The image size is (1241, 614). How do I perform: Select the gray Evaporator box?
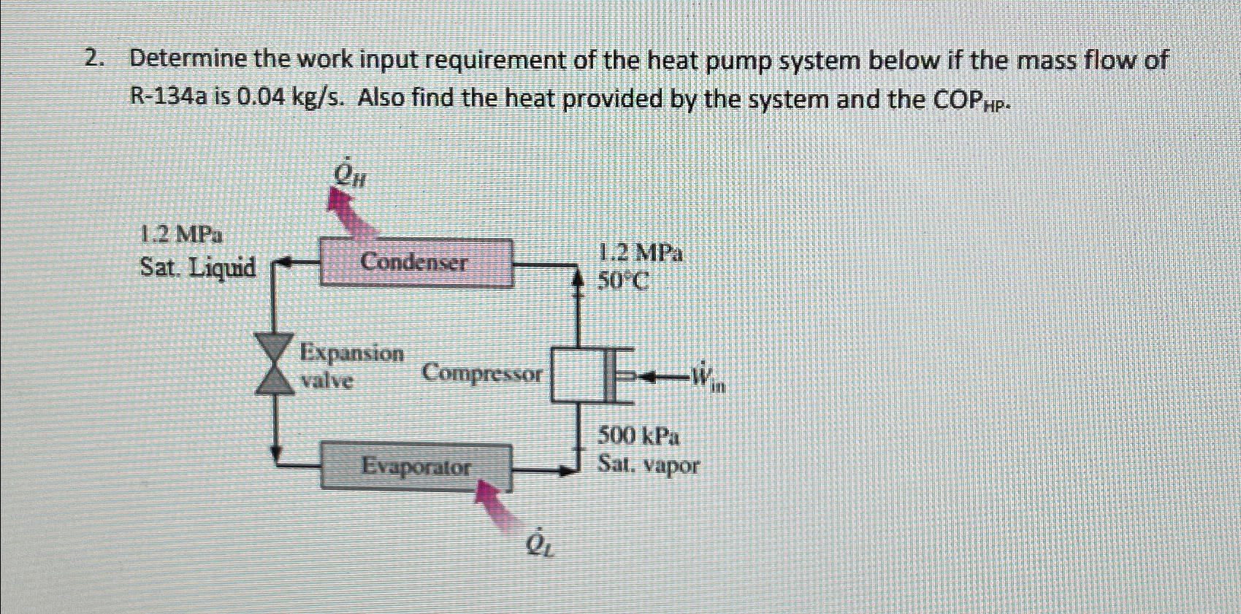[x=416, y=467]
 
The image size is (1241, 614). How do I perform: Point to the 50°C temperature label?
[x=622, y=281]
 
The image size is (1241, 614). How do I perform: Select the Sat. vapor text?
[x=648, y=464]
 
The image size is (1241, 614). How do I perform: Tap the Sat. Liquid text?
[x=197, y=268]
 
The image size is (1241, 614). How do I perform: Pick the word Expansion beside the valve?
[x=352, y=353]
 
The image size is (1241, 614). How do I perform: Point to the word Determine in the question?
[x=188, y=60]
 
